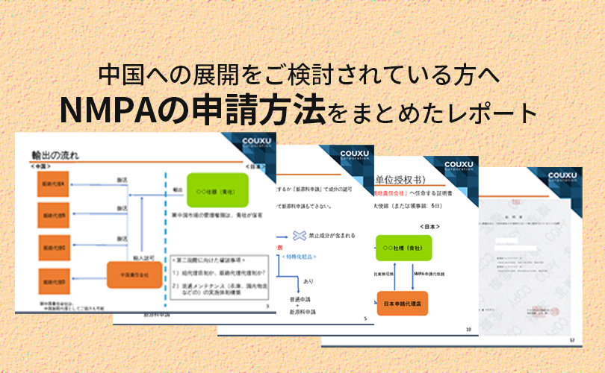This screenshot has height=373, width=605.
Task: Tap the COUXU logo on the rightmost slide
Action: [x=567, y=177]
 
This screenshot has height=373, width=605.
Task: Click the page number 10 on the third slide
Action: [x=468, y=328]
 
